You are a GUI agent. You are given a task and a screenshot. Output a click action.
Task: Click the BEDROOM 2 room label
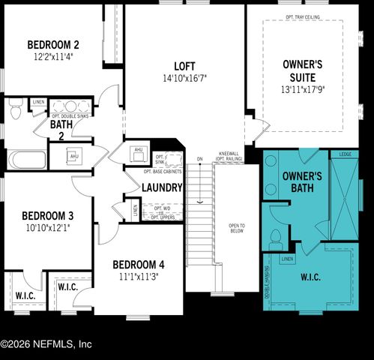pos(53,44)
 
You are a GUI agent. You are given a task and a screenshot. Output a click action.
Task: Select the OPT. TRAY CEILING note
pos(304,15)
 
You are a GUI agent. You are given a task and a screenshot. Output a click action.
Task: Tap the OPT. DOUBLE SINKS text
pos(70,116)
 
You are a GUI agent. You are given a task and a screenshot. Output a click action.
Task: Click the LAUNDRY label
pos(162,187)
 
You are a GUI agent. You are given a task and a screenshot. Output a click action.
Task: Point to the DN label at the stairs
pos(199,159)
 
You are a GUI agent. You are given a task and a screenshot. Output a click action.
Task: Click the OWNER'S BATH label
pos(302,181)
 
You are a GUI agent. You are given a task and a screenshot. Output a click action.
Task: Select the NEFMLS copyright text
pos(46,344)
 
